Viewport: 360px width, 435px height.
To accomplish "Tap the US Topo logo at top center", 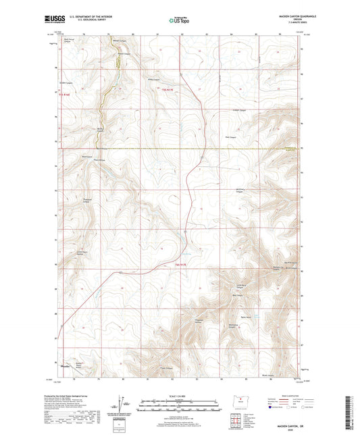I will click(178, 20).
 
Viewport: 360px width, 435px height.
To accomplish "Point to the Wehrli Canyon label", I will click(119, 49).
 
